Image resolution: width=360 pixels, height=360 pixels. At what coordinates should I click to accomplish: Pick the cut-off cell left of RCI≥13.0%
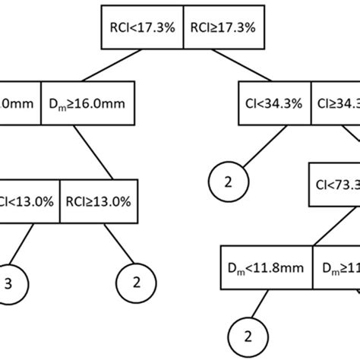point(29,180)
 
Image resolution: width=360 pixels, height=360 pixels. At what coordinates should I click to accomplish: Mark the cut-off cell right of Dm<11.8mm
point(336,267)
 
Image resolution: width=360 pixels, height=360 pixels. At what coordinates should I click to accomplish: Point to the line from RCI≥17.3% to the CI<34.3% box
point(246,66)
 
